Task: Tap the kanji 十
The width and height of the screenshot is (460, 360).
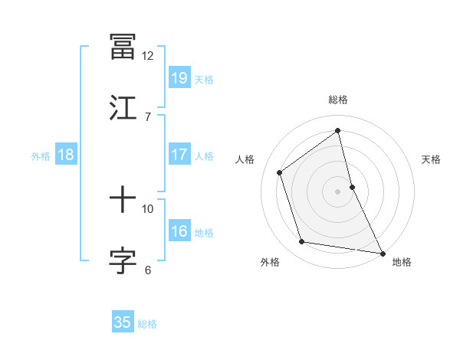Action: pos(123,201)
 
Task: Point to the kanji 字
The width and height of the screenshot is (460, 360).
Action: pos(123,260)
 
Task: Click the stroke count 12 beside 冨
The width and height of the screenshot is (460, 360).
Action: pos(147,56)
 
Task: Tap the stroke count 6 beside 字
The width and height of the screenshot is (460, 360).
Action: pos(147,270)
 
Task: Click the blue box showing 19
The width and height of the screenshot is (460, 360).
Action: pos(179,78)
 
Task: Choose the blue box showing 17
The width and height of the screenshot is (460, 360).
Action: pos(179,155)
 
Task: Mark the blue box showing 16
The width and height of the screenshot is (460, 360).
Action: pos(179,231)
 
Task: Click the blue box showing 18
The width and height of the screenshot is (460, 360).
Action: pos(66,155)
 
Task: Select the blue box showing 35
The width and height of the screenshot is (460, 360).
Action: pos(123,322)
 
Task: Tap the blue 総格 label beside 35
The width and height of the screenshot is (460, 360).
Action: pos(147,324)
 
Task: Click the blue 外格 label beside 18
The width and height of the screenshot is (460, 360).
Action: pos(41,156)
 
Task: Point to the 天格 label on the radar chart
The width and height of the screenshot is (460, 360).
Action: pos(432,159)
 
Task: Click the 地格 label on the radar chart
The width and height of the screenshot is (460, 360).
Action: pos(402,263)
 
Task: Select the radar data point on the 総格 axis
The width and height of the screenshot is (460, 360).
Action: pos(338,131)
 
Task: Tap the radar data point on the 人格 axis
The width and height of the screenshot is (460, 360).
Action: pos(280,172)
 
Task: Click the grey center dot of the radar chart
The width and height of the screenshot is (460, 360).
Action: pos(338,191)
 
